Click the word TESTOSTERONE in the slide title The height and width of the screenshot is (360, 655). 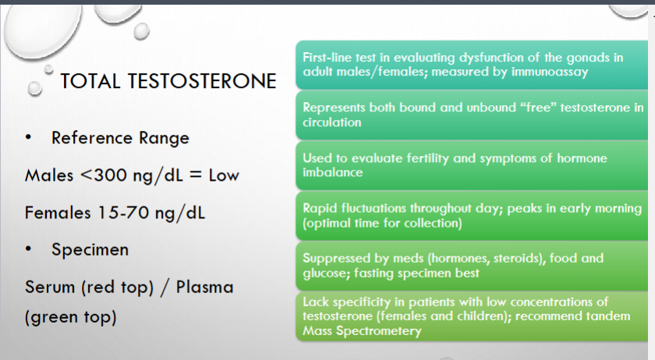click(202, 81)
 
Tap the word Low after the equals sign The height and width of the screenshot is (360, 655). click(224, 175)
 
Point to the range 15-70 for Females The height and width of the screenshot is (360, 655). click(123, 213)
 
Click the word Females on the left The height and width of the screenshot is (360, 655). click(58, 213)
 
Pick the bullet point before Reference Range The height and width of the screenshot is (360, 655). click(28, 137)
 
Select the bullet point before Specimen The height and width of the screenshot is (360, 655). click(28, 249)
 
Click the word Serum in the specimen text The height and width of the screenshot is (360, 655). click(50, 288)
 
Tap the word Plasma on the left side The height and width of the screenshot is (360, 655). click(204, 288)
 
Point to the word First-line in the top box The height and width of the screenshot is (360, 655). click(327, 57)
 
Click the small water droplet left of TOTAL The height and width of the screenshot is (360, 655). click(34, 88)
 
